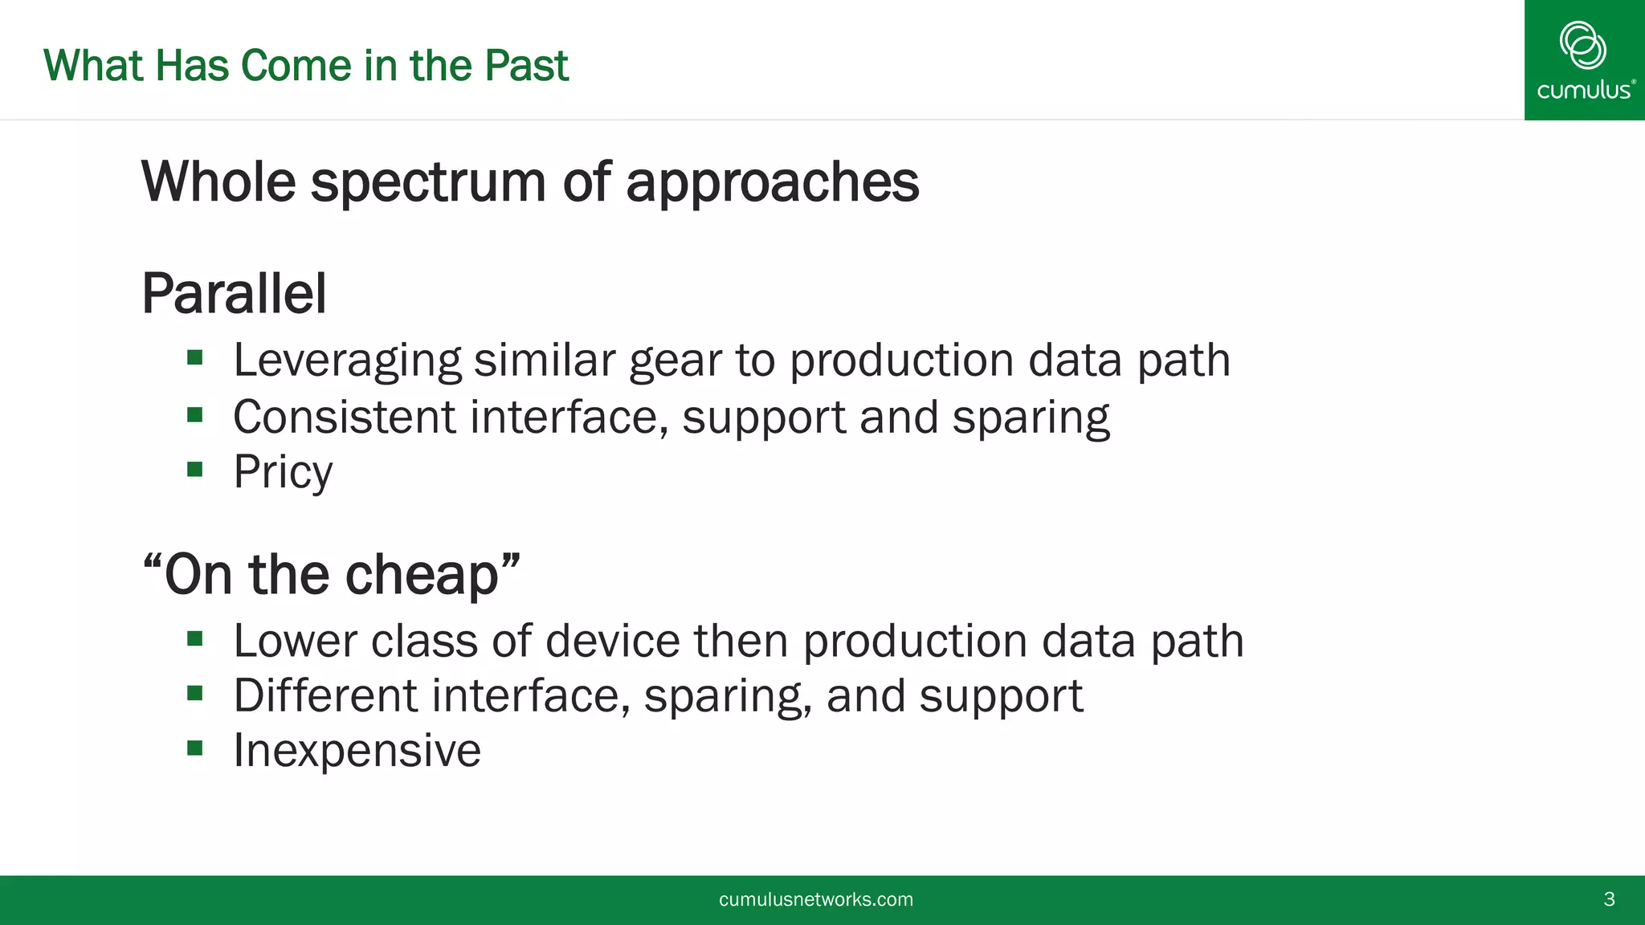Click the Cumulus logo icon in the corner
click(x=1582, y=45)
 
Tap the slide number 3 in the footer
click(x=1609, y=899)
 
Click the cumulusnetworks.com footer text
click(x=815, y=899)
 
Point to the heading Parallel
click(x=234, y=294)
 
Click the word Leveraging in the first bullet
click(x=347, y=361)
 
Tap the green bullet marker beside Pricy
click(x=195, y=469)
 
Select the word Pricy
click(x=283, y=472)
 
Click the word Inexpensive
click(x=357, y=751)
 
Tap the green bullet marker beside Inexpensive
click(x=195, y=748)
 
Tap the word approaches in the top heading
click(x=772, y=183)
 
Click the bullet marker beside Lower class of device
click(x=195, y=639)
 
